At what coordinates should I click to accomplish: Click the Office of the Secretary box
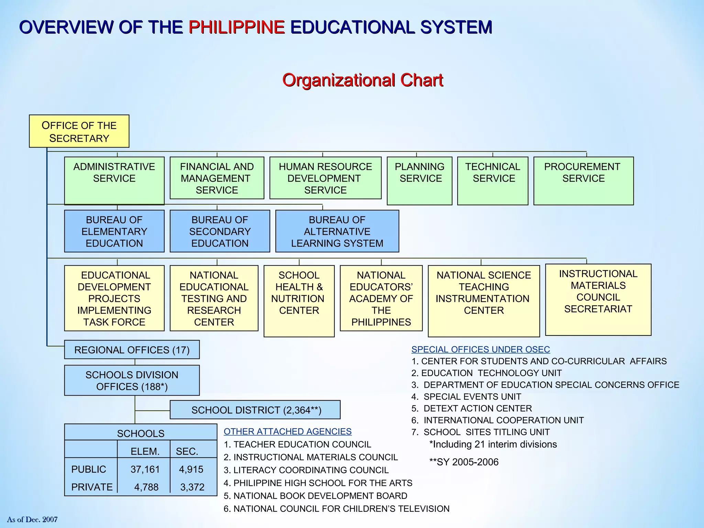[79, 131]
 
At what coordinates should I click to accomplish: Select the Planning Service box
[419, 181]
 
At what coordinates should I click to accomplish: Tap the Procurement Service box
[583, 181]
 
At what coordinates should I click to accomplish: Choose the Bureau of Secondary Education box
[220, 231]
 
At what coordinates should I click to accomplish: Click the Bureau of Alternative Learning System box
[337, 231]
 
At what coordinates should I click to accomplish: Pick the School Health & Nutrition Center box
[299, 300]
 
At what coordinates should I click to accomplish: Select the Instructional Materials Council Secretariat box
[598, 299]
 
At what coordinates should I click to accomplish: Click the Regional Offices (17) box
[132, 350]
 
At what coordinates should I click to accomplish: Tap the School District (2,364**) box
[255, 410]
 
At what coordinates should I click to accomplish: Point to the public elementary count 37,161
[145, 469]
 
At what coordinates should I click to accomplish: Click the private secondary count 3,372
[192, 487]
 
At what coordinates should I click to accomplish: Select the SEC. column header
[187, 451]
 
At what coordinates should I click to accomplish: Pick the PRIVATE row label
[92, 487]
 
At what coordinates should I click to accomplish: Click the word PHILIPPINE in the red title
[236, 27]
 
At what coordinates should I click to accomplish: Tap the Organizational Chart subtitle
[363, 80]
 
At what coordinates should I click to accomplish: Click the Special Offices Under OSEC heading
[481, 350]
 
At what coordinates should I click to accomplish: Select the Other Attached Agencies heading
[287, 431]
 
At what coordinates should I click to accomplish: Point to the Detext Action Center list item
[472, 408]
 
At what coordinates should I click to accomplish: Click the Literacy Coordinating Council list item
[306, 470]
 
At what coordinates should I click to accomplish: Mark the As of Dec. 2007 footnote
[32, 519]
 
